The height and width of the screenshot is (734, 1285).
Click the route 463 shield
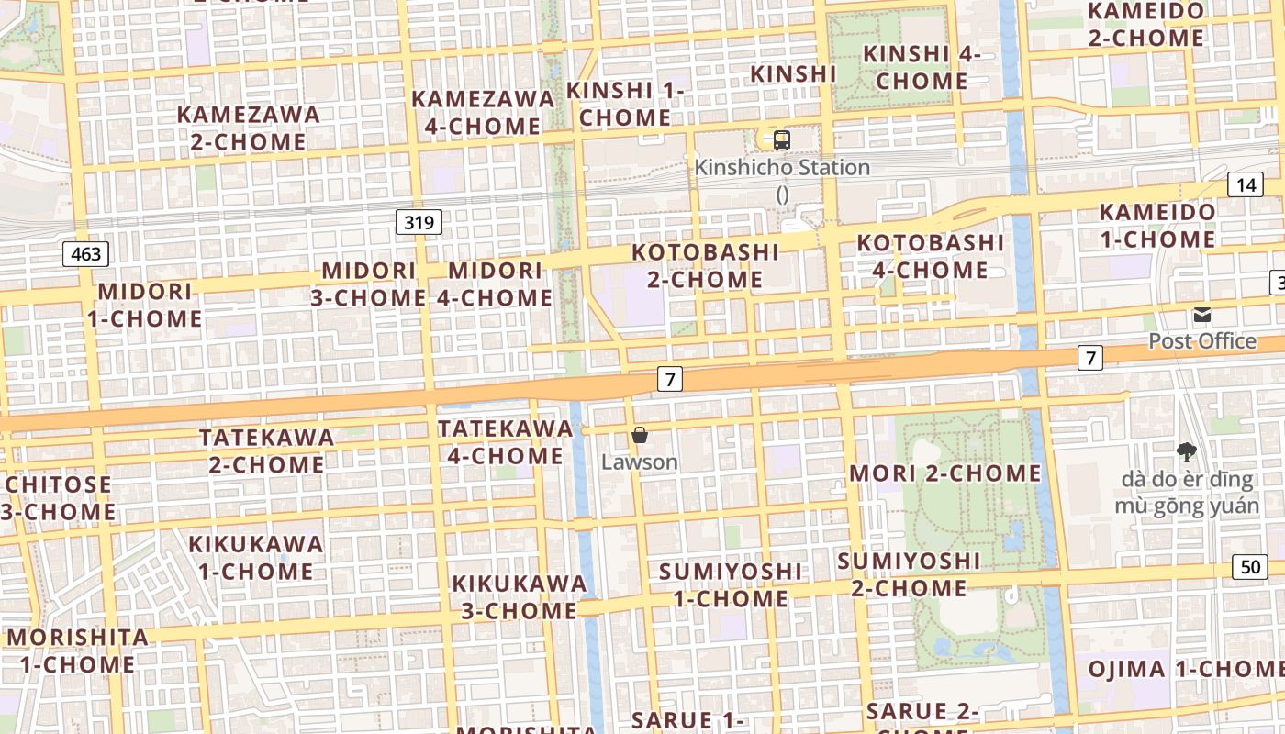point(86,254)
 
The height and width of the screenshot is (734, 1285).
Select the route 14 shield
point(1245,184)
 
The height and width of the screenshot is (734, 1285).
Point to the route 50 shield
point(1250,567)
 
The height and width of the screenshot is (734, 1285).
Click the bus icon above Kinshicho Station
point(782,140)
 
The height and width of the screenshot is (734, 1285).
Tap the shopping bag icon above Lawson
point(640,435)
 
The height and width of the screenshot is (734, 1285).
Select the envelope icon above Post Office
point(1202,316)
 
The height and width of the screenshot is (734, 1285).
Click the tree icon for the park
point(1186,451)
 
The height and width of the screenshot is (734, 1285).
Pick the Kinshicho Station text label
point(782,168)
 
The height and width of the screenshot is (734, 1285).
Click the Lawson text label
point(640,462)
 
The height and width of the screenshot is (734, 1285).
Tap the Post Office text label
point(1202,341)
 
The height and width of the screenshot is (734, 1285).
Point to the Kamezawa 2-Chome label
point(249,128)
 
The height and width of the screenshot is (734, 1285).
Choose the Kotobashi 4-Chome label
point(930,257)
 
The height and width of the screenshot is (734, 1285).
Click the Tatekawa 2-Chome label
point(267,450)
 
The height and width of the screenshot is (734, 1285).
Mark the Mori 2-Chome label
point(945,473)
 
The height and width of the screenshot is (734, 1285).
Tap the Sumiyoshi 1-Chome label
point(731,585)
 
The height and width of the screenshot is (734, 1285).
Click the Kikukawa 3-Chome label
point(520,597)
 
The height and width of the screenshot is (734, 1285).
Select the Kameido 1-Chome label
point(1157,226)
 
